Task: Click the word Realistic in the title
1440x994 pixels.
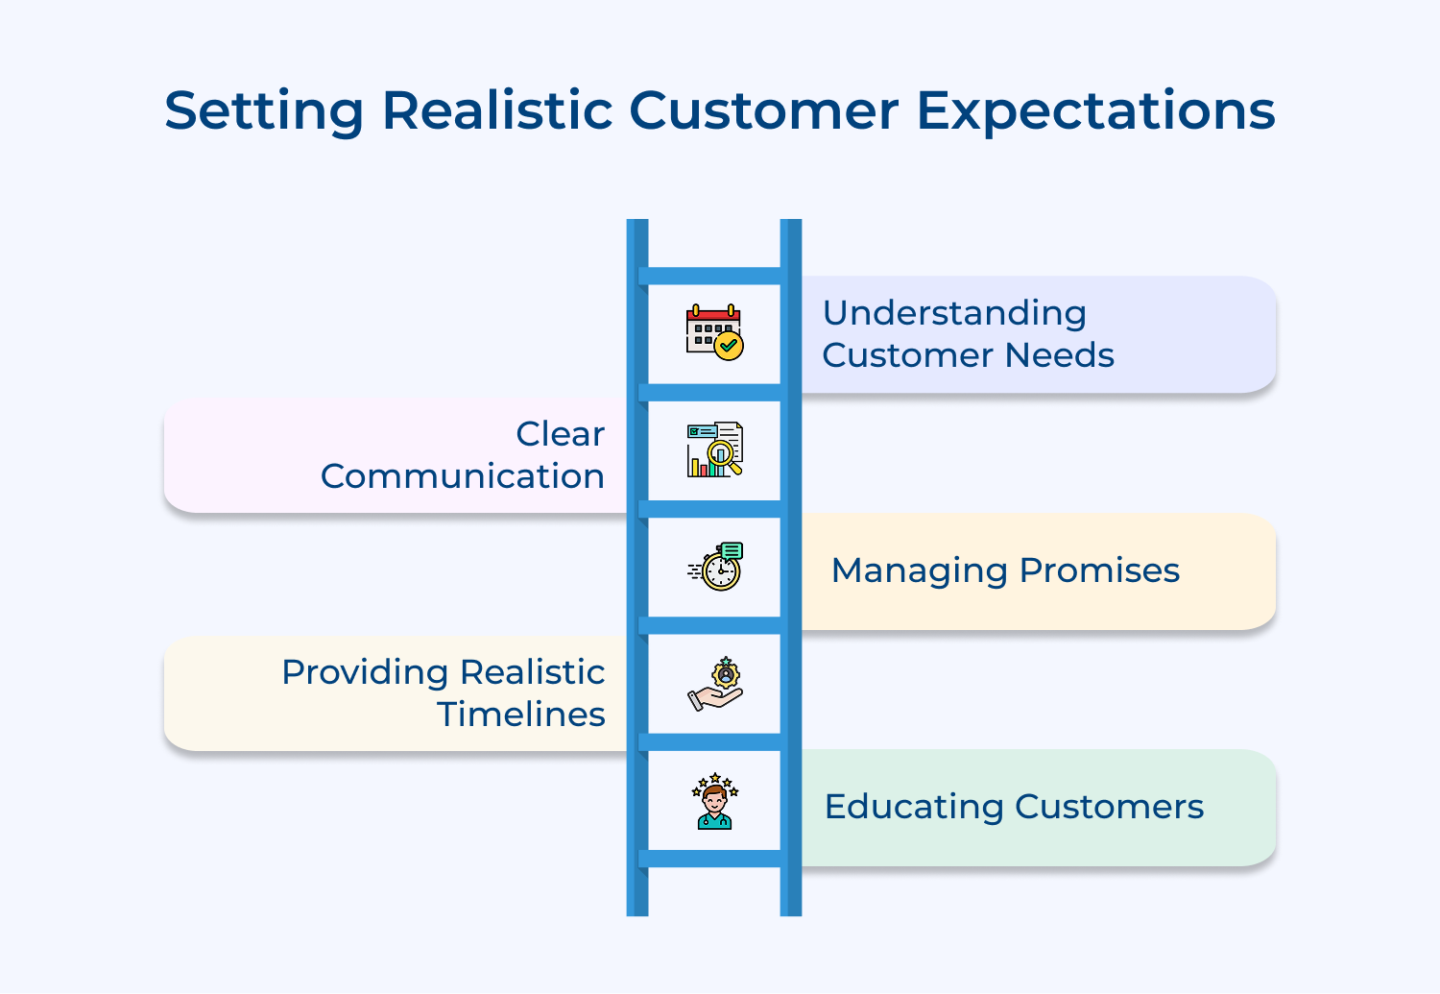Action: [496, 110]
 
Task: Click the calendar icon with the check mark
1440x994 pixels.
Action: [714, 332]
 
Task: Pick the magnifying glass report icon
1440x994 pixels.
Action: [714, 449]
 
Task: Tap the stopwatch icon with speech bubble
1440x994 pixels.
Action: [716, 566]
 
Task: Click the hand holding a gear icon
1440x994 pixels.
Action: [715, 684]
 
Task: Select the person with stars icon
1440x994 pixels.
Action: [714, 801]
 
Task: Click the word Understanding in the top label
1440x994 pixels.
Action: [954, 313]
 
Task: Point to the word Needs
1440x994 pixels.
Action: [1060, 355]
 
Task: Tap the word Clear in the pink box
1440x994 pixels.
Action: [560, 434]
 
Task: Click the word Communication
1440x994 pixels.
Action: [462, 476]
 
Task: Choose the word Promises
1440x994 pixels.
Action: [1099, 570]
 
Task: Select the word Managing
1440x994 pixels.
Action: [920, 570]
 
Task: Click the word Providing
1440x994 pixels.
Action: [365, 672]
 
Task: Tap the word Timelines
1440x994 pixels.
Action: [520, 715]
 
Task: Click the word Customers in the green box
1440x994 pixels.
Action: [1109, 807]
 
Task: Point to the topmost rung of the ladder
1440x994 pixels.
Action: [714, 276]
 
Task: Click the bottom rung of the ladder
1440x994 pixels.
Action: [714, 859]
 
